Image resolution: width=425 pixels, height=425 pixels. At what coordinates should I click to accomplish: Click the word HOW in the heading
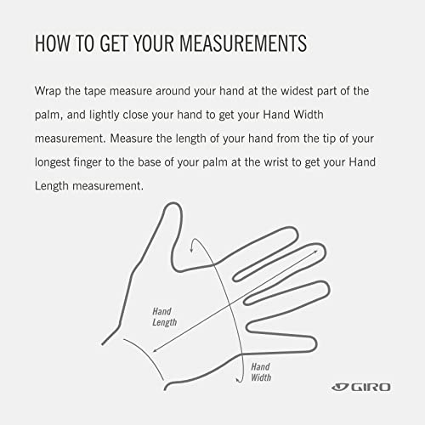coord(53,43)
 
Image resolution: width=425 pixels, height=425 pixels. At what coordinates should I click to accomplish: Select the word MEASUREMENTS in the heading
coord(243,43)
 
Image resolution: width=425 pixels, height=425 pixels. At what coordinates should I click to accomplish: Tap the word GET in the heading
coord(114,43)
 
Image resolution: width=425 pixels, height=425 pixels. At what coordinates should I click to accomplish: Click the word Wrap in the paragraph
coord(48,92)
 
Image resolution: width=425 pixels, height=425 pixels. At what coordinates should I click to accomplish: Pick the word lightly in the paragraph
coord(105,116)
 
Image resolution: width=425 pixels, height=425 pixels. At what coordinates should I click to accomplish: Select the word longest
coord(53,163)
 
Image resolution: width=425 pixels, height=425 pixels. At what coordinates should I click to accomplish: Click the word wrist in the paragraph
coord(276,162)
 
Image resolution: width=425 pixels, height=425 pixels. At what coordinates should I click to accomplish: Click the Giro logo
coord(361,387)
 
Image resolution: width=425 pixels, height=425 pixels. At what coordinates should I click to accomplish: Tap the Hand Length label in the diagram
coord(164,317)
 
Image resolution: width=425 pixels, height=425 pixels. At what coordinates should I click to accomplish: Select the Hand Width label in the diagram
coord(261,372)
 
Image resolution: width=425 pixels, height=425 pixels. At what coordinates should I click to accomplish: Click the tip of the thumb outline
coord(173,203)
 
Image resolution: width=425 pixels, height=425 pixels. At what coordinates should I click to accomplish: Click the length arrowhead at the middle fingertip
coord(316,252)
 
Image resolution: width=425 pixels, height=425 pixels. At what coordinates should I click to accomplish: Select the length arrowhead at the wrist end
coord(155,350)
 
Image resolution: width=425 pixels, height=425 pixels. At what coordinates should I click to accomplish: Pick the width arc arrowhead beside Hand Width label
coord(239,381)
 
